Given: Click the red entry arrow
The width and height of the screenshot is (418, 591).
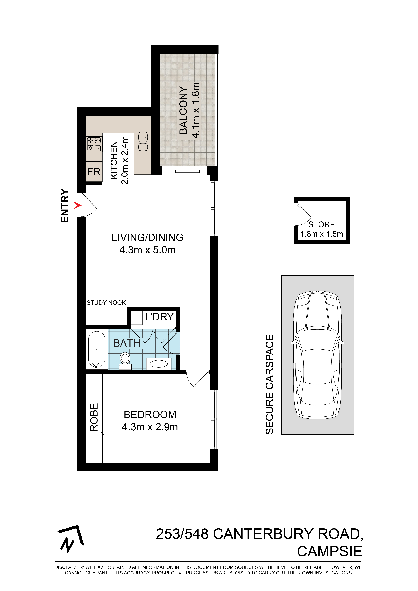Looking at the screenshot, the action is point(77,205).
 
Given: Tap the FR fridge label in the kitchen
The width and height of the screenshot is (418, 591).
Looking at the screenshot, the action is point(94,172).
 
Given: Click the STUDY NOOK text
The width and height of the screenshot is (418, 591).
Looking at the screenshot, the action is point(106,303).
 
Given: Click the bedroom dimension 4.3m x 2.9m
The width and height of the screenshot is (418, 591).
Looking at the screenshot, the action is point(150,427).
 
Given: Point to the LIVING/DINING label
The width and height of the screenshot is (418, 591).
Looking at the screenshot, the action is point(148,237).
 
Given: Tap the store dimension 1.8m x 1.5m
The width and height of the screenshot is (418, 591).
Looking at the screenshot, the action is point(322,234).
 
